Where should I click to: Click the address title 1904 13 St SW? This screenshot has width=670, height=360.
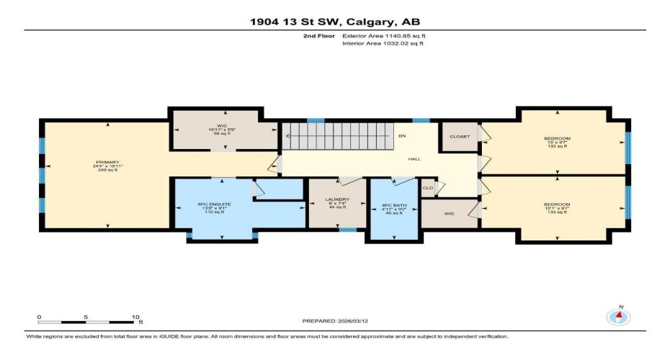334,21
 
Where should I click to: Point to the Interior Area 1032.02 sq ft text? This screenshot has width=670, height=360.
383,43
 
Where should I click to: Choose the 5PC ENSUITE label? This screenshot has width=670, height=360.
214,204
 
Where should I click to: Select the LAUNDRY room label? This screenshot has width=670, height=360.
337,199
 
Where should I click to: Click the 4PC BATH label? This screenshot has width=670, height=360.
394,206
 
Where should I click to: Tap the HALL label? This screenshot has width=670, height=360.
414,159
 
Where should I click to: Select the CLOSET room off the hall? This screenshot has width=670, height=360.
459,136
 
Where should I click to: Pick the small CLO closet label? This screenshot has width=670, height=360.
428,188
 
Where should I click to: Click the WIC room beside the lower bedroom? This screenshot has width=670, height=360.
450,214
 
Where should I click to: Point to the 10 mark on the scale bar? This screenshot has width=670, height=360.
135,316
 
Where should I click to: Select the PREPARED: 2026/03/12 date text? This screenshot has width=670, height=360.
336,320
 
